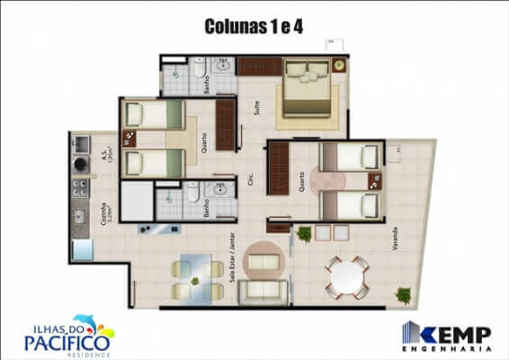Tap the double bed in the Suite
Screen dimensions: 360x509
click(x=308, y=88)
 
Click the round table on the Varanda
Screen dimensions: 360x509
click(x=346, y=277)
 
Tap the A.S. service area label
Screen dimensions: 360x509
click(x=106, y=159)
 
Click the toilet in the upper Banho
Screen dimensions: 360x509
click(x=198, y=69)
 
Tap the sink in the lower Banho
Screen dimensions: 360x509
click(x=218, y=191)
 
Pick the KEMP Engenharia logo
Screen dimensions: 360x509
click(x=446, y=334)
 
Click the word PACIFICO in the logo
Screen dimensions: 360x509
click(x=68, y=341)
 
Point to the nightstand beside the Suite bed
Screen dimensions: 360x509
click(x=338, y=65)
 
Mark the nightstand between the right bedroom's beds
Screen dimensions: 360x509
click(x=375, y=179)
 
